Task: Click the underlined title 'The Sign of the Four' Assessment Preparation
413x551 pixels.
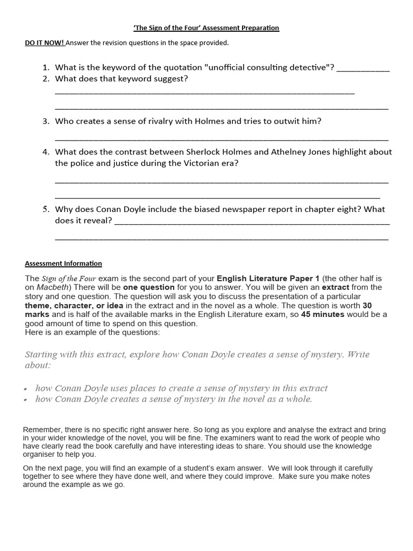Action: (206, 27)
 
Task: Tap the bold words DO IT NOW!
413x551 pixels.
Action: (45, 43)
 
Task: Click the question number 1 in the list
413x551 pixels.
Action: (46, 67)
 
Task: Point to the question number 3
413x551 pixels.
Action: (46, 121)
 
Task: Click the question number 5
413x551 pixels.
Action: (46, 209)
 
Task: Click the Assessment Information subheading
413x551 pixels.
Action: (63, 263)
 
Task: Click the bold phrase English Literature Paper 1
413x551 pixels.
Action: (268, 278)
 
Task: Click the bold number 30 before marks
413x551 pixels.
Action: (367, 305)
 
